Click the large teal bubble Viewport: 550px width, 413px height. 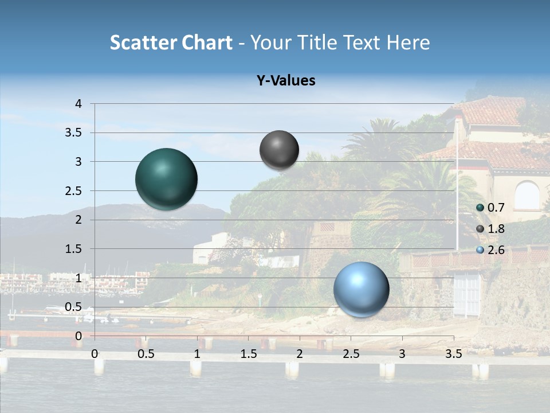click(x=166, y=178)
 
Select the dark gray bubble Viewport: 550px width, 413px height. click(x=279, y=150)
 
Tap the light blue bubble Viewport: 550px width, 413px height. click(x=361, y=289)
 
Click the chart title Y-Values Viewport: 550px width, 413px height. click(x=286, y=81)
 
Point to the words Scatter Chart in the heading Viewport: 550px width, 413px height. click(x=171, y=42)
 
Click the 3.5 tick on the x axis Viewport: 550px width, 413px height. click(x=453, y=354)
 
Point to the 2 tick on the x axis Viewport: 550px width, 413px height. click(x=299, y=354)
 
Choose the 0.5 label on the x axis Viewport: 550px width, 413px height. click(x=146, y=354)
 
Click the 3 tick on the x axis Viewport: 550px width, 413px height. click(x=402, y=354)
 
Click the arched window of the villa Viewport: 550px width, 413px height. click(x=527, y=196)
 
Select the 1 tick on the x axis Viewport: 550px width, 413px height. click(x=197, y=354)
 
